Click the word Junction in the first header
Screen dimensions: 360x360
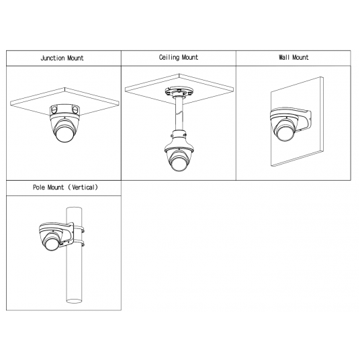click(52, 58)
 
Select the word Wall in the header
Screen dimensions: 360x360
click(284, 57)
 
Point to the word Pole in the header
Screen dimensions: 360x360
click(39, 187)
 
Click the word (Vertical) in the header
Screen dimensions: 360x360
click(83, 187)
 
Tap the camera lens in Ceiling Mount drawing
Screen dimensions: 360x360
click(179, 163)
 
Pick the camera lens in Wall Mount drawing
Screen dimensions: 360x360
click(285, 132)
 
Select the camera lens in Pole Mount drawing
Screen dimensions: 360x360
click(52, 243)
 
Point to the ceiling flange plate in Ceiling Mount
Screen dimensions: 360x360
click(179, 91)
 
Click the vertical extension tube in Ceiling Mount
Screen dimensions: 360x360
click(179, 114)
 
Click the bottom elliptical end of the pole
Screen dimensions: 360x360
click(74, 301)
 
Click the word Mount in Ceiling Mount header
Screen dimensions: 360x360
click(189, 57)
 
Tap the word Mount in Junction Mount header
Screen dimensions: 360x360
click(75, 58)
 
